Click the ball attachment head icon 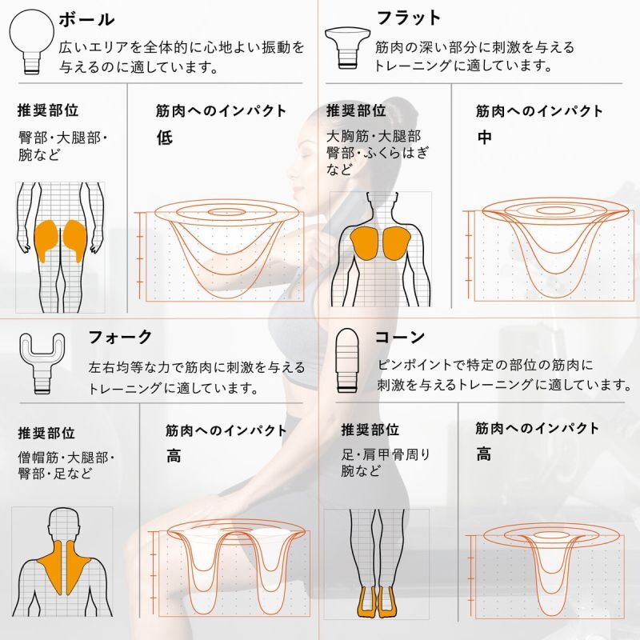pos(32,42)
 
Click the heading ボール pos(86,19)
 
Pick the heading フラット pos(409,18)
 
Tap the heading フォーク pos(120,337)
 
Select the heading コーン pos(400,337)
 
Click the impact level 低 pos(165,138)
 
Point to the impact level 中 pos(485,137)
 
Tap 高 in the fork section pos(174,456)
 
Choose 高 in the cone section pos(484,454)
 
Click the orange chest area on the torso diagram pos(381,243)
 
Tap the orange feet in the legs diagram pos(375,602)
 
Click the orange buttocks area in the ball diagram pos(60,241)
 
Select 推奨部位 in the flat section pos(356,110)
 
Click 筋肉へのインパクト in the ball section pos(221,110)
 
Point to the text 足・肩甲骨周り pos(386,454)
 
